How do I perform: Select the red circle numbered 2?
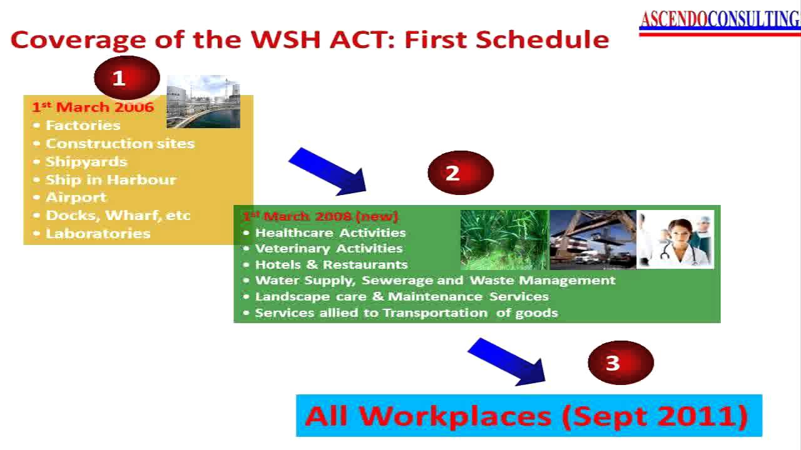(460, 172)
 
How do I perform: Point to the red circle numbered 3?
(620, 363)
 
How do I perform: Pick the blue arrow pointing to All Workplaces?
(506, 361)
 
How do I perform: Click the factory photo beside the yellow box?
(203, 102)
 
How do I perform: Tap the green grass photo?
(504, 239)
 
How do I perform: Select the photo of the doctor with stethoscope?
(675, 239)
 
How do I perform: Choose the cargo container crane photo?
(592, 239)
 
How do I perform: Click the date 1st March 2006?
(93, 107)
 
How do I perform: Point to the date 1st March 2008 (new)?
(320, 216)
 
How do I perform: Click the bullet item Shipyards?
(86, 161)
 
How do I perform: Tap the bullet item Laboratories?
(98, 233)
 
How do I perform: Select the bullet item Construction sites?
(120, 143)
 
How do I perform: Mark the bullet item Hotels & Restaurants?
(331, 264)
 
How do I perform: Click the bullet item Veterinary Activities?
(329, 248)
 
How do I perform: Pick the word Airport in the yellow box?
(76, 197)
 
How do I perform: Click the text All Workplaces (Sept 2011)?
(527, 416)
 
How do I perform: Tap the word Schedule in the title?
(542, 39)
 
